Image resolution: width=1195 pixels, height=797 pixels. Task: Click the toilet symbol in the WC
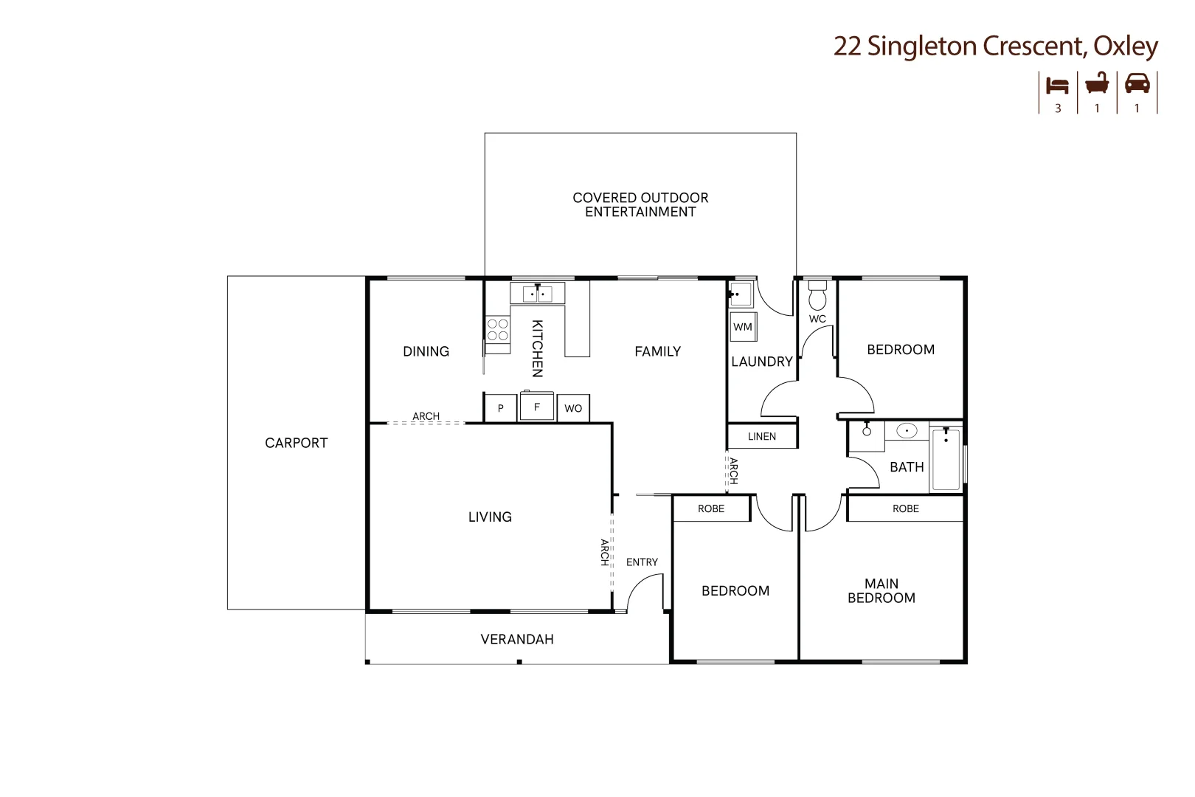click(x=817, y=297)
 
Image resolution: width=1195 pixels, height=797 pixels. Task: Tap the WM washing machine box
click(x=743, y=327)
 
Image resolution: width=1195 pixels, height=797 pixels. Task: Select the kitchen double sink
click(x=537, y=294)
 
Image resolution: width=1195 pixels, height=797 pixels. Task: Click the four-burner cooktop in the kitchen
click(x=498, y=330)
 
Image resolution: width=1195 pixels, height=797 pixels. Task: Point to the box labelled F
click(x=536, y=407)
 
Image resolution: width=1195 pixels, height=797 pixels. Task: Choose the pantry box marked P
click(x=500, y=408)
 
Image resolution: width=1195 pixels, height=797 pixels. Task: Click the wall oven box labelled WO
click(x=573, y=408)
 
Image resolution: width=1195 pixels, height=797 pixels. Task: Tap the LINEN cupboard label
click(x=762, y=436)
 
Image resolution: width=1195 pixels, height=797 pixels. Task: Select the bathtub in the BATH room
click(x=946, y=458)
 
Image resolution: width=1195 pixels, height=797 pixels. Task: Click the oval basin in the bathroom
click(x=907, y=430)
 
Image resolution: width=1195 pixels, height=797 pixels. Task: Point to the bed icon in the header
click(x=1057, y=86)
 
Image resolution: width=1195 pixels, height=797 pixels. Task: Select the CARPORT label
click(x=296, y=443)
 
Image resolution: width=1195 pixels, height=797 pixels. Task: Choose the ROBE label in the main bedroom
click(x=905, y=508)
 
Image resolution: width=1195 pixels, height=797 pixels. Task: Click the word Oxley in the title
click(x=1126, y=46)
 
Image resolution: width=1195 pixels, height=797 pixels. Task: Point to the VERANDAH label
click(x=516, y=639)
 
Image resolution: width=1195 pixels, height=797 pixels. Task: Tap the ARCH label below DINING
click(x=426, y=416)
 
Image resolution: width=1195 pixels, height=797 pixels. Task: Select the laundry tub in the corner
click(x=740, y=294)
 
